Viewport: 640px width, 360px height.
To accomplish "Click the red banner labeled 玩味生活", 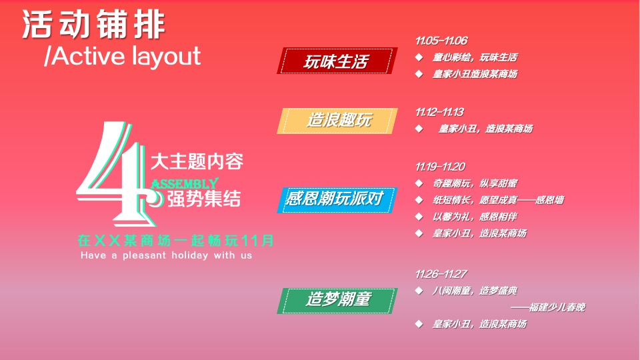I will (337, 62).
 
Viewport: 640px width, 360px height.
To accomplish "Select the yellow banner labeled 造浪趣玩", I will (338, 121).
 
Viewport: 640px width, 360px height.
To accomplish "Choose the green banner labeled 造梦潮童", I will (337, 300).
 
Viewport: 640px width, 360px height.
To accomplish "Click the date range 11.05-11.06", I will (441, 41).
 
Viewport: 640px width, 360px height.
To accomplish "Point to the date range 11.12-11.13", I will (439, 111).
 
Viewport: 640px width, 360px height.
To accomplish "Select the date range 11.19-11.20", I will (440, 166).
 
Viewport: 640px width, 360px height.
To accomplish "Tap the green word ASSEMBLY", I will (185, 183).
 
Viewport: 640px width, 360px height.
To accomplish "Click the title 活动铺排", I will (93, 25).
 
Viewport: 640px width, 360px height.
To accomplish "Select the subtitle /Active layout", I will (122, 57).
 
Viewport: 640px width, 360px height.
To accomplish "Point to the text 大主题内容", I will (197, 161).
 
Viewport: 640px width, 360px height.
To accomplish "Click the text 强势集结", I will (203, 199).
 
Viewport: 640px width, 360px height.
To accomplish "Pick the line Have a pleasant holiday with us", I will (166, 255).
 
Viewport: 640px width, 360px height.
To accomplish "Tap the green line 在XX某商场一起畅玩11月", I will (175, 239).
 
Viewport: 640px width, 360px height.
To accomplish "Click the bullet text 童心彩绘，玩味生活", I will (475, 58).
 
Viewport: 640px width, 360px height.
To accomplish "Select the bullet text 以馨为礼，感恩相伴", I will (475, 217).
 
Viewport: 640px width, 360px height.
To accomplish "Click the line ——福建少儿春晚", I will (547, 307).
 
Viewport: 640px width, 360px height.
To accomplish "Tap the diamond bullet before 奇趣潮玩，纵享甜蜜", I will (419, 183).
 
